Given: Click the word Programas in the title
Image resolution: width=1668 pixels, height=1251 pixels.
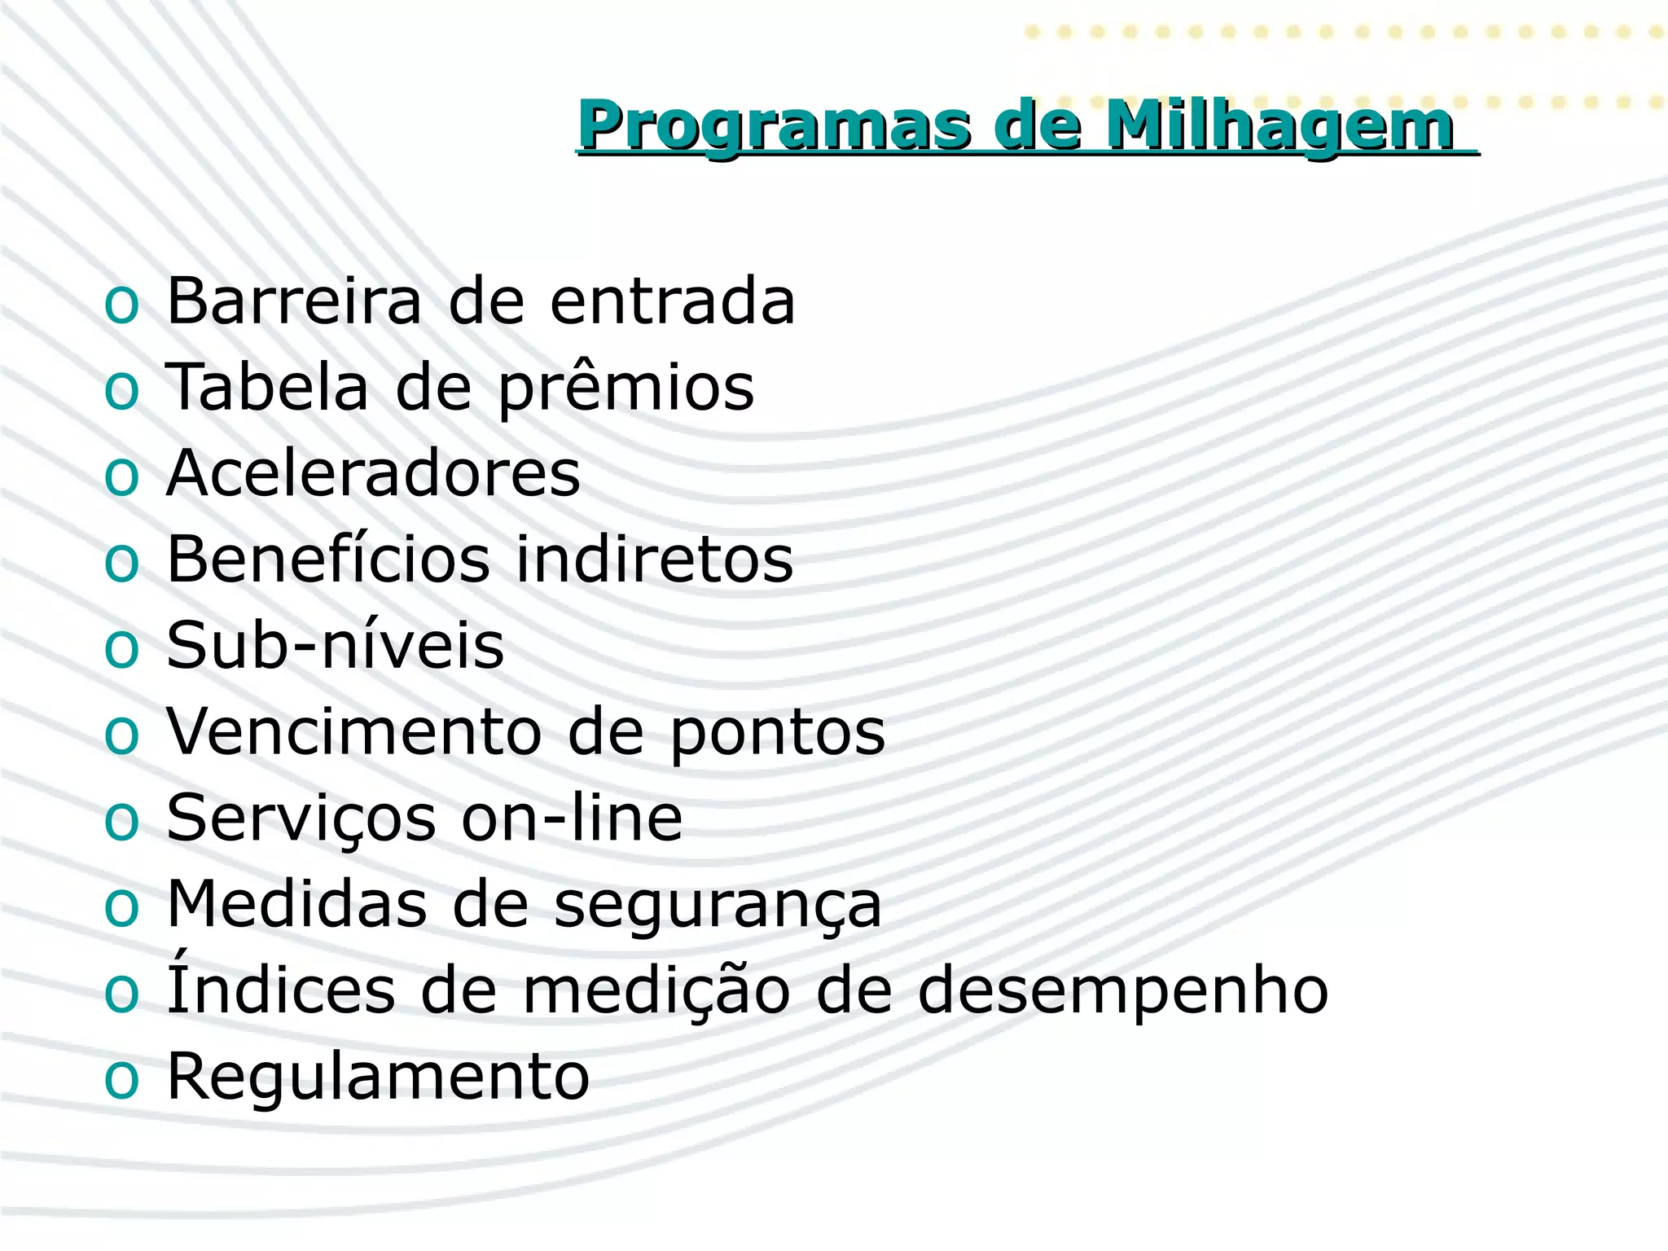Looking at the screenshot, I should (774, 126).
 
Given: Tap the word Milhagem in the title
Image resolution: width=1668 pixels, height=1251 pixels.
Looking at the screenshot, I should (1280, 126).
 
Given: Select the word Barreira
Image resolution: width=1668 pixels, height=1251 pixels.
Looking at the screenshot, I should (294, 301).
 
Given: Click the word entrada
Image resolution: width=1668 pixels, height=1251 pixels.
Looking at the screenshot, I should (672, 301).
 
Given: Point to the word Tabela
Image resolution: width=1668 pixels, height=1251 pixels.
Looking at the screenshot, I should (267, 388).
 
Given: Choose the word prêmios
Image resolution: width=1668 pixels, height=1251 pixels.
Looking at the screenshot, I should (625, 389).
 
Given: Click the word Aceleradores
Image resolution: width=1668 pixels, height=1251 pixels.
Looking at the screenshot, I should (373, 474).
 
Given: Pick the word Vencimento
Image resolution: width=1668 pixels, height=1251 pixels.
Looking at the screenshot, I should (353, 732).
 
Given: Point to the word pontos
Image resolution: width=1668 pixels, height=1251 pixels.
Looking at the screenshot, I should (777, 734).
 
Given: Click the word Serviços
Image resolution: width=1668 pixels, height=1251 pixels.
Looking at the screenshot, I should (301, 819).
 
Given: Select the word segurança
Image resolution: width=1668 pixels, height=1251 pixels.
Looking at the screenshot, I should (718, 906).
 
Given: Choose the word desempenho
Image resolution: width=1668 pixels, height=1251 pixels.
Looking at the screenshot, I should (1122, 993).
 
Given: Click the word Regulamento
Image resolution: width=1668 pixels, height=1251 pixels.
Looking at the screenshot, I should (378, 1078).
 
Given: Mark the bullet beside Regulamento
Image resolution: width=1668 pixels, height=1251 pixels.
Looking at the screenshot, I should (122, 1081).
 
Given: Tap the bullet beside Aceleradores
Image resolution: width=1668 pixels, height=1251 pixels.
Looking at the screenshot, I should (122, 476).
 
